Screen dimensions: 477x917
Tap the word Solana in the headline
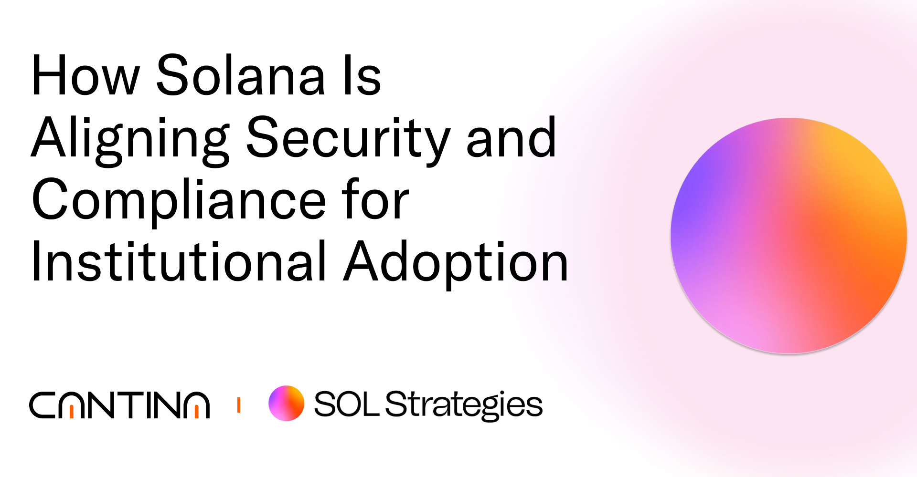tap(241, 75)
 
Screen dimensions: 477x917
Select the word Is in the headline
tap(363, 75)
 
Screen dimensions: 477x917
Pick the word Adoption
tap(456, 262)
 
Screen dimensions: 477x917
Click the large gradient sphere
tap(789, 236)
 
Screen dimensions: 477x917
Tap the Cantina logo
tap(119, 405)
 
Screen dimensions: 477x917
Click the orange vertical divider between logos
tap(239, 405)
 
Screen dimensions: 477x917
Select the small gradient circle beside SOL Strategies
tap(286, 403)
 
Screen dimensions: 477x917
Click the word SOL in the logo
tap(346, 404)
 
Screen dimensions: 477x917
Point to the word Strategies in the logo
tap(464, 405)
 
